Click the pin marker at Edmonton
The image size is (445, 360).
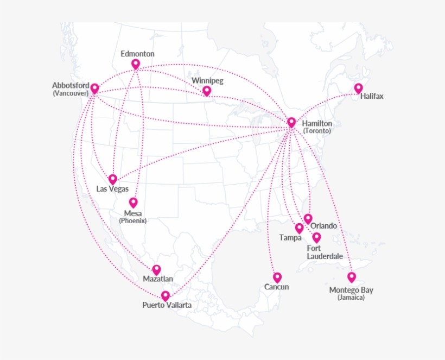[x=136, y=64]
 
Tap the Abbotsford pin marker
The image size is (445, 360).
[x=95, y=89]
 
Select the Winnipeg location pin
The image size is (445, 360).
[x=207, y=91]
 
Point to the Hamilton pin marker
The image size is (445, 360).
[x=291, y=122]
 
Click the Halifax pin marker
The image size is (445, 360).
[x=358, y=88]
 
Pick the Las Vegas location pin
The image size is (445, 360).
[x=113, y=179]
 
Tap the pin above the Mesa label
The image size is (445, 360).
[x=133, y=203]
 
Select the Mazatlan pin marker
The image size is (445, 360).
[x=157, y=269]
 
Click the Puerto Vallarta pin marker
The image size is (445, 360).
[x=166, y=295]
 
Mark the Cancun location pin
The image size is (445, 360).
[x=277, y=277]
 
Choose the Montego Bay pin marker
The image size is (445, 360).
[x=352, y=277]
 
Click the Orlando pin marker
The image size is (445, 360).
[x=308, y=218]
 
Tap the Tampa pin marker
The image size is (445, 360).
[x=299, y=228]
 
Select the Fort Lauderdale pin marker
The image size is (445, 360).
[x=316, y=237]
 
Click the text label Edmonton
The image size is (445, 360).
[x=137, y=54]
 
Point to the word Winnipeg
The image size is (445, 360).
[x=207, y=81]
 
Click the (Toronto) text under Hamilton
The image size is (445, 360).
[x=317, y=131]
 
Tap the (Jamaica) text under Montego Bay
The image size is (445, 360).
[x=351, y=298]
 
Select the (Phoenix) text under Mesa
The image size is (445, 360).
[x=133, y=220]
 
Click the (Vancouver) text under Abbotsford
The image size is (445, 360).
[x=71, y=93]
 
